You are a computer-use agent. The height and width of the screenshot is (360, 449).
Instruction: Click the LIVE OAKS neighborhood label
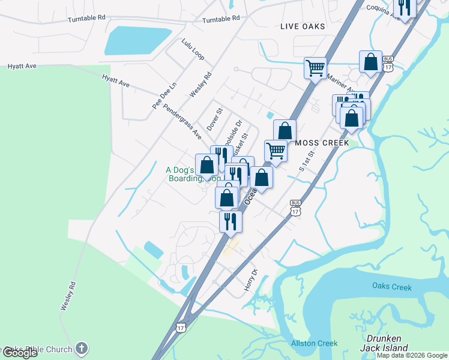click(x=303, y=26)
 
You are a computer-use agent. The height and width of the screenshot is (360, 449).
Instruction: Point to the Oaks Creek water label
click(x=391, y=287)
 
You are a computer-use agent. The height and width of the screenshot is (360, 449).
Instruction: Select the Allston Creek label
click(x=314, y=343)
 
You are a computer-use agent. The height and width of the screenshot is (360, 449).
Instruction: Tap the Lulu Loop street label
click(x=193, y=49)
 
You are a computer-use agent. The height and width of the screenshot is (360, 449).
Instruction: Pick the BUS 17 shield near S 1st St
click(x=295, y=208)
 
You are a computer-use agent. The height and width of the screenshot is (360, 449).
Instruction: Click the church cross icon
click(x=82, y=348)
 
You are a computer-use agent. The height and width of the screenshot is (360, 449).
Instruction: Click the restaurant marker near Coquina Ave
click(x=404, y=7)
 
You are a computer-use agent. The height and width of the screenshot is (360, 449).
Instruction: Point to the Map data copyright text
click(x=412, y=355)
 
